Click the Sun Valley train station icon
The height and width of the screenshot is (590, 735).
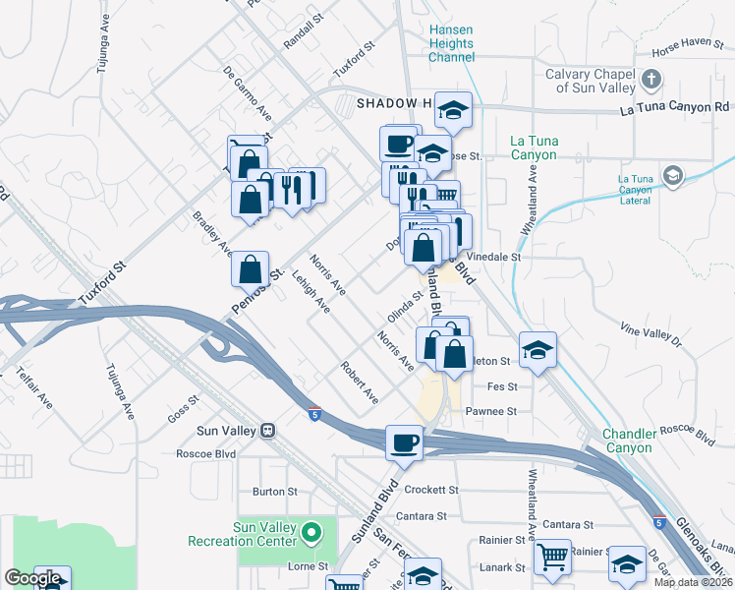point(267,431)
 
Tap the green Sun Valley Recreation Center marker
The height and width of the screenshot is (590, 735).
point(312,534)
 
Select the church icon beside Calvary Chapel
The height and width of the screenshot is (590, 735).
point(650,79)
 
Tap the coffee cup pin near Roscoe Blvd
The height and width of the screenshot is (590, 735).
point(404,442)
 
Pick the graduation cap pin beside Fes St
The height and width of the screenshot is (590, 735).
point(537,352)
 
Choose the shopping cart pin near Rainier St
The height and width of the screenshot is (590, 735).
point(553,558)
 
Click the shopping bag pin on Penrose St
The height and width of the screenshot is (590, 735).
point(252,267)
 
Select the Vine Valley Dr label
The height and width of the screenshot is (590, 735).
point(650,334)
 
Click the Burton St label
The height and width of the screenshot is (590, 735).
point(274,491)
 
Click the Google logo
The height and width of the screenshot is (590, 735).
point(32,578)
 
